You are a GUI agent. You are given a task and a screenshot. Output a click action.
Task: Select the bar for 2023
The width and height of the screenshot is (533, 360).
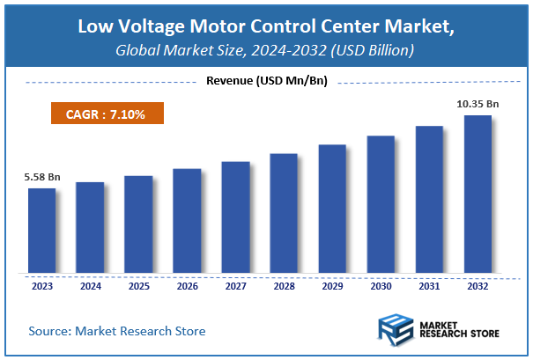coord(41,231)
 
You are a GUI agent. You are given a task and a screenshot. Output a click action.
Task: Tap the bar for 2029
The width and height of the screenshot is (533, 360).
coord(332,209)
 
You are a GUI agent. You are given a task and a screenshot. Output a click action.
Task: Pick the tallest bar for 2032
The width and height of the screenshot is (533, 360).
coord(477,194)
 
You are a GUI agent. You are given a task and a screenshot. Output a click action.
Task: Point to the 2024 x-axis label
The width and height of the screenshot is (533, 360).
coord(90,286)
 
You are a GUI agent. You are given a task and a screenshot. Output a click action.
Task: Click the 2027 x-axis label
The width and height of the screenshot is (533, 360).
coord(235,286)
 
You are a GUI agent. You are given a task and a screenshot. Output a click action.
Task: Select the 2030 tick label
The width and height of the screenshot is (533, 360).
coord(381,286)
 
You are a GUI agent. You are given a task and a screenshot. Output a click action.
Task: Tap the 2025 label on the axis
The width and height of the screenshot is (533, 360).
coord(138,286)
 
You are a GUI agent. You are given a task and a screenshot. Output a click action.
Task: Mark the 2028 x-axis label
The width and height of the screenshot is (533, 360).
coord(284,286)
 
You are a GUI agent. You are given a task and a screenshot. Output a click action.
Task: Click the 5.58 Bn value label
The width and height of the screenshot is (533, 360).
coord(41,178)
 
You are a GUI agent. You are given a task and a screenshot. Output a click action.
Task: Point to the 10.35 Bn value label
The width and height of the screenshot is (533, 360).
coord(477,104)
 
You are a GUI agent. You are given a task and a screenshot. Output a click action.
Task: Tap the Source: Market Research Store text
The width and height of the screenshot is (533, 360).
coord(116,331)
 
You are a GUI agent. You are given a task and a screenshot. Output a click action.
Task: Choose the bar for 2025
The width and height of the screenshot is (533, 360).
coord(138,224)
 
